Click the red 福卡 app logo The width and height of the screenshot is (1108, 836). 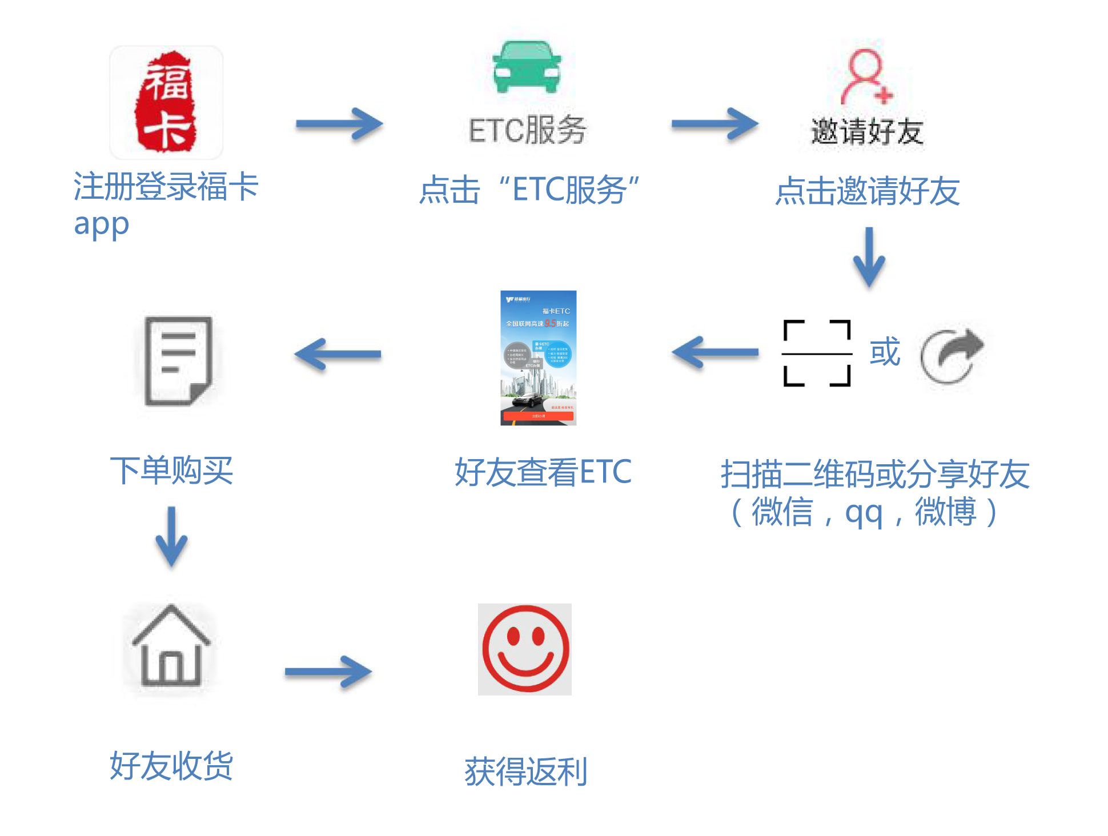point(166,102)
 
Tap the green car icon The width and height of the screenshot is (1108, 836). point(527,67)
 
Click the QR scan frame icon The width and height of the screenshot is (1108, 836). point(817,353)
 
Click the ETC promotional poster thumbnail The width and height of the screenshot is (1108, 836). point(538,358)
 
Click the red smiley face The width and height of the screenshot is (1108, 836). point(525,649)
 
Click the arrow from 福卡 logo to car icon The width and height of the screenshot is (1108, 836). point(339,124)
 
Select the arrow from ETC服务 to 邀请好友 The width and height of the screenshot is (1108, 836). point(714,124)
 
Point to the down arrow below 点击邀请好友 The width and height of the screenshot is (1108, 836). point(869,257)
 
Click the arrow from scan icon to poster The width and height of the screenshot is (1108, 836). point(716,353)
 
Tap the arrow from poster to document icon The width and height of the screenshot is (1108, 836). point(338,354)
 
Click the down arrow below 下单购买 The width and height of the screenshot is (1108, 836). point(171,536)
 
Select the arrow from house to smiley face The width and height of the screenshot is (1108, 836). point(328,672)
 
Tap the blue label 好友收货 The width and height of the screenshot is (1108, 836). point(171,766)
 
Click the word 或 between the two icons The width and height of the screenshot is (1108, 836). point(885,352)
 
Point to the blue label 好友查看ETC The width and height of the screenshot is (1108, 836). point(543,472)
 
